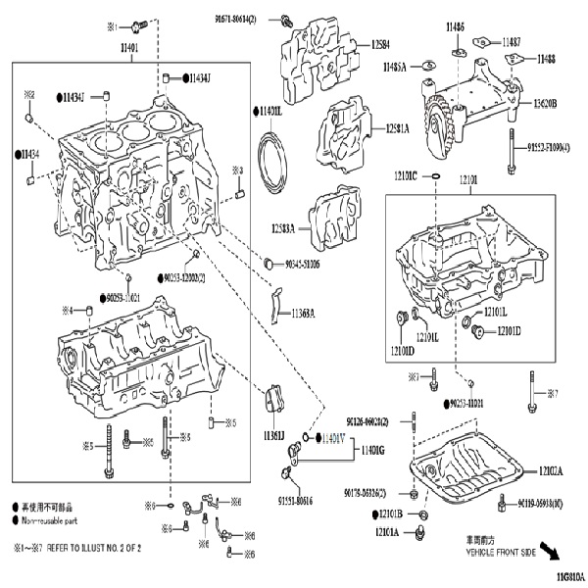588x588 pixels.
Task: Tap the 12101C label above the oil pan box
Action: (406, 175)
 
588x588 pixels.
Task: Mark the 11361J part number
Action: (273, 435)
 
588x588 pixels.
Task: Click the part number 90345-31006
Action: (308, 264)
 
